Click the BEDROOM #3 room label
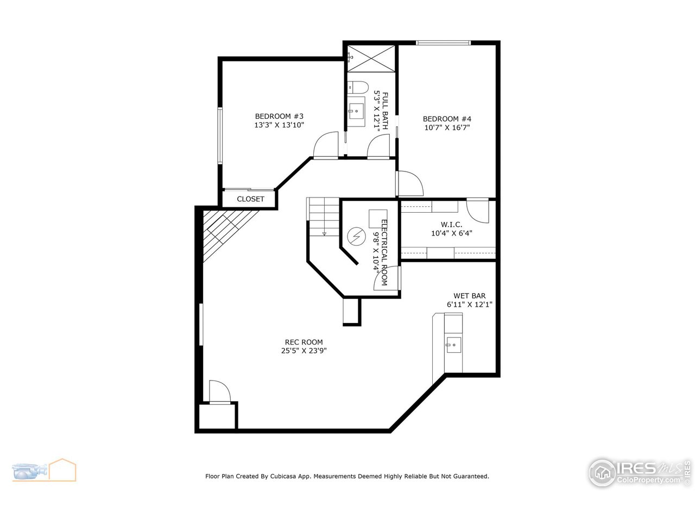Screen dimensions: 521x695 pos(279,116)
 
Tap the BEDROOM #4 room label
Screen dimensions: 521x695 pos(447,119)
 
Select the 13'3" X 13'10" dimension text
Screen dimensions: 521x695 pos(279,125)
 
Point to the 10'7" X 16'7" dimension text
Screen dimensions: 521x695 pos(447,128)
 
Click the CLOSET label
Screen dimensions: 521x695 pos(250,199)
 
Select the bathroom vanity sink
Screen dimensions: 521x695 pos(357,111)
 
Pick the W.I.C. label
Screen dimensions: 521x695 pos(451,225)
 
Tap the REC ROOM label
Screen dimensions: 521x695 pos(304,342)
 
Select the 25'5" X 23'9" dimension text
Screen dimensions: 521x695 pos(304,351)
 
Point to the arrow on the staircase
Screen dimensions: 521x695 pos(324,233)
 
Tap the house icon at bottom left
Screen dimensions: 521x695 pos(62,470)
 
